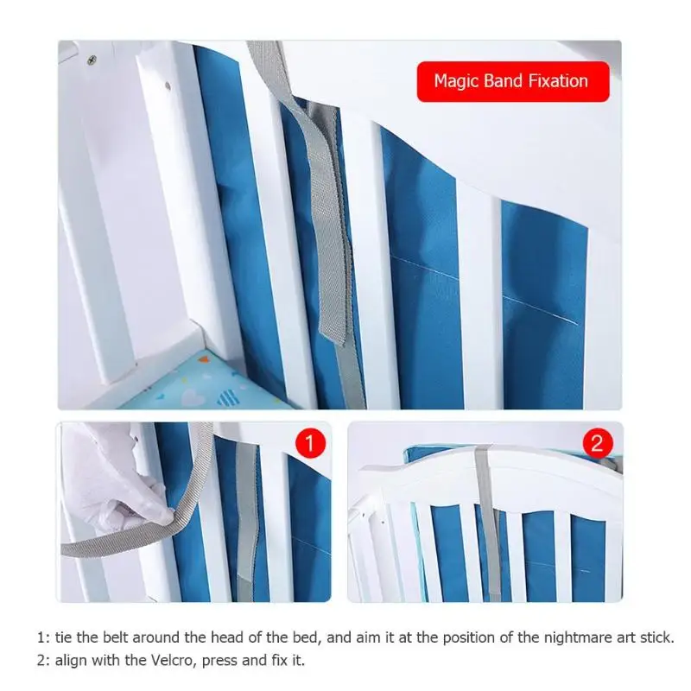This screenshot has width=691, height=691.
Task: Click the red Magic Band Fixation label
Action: coord(512,81)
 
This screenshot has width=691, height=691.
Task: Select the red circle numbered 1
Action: coord(311,445)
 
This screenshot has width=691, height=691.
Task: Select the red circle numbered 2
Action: coord(596,445)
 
